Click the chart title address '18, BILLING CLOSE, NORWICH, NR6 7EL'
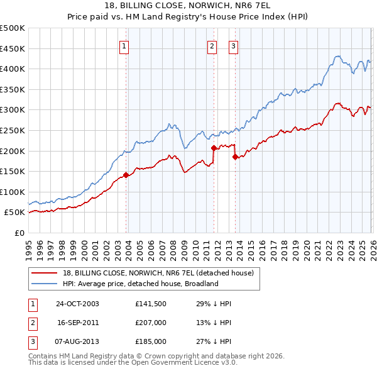click(x=188, y=5)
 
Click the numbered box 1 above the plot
click(x=124, y=46)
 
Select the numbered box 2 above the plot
click(x=212, y=46)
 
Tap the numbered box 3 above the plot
click(x=233, y=46)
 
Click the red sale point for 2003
click(x=126, y=175)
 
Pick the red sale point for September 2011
click(x=214, y=148)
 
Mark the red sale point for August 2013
click(x=235, y=157)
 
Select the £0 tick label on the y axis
click(x=19, y=233)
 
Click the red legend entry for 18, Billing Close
click(x=158, y=273)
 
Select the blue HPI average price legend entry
click(x=139, y=284)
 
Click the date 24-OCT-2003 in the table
click(x=77, y=304)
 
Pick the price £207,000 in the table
click(x=151, y=323)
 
